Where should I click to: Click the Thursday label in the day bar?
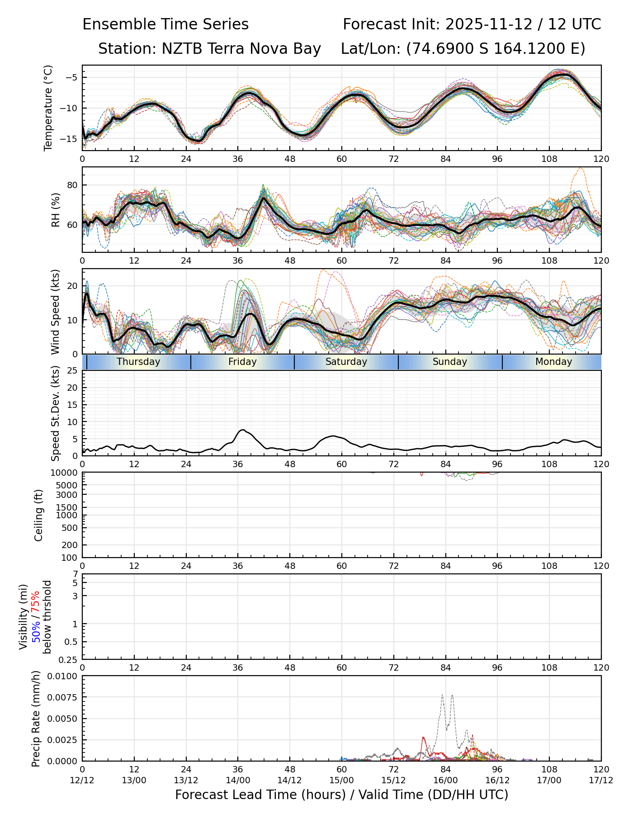click(x=138, y=362)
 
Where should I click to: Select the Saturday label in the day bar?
click(x=346, y=362)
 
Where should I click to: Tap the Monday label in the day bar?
click(x=553, y=362)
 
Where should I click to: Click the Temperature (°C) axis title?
click(x=48, y=108)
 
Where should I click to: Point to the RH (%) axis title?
click(x=56, y=210)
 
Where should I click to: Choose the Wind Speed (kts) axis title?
click(x=56, y=312)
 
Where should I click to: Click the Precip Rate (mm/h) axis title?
click(x=36, y=719)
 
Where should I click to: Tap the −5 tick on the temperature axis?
click(x=71, y=77)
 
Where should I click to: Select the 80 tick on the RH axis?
click(x=72, y=185)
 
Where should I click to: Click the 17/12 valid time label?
click(x=601, y=781)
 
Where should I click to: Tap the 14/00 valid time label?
click(x=238, y=781)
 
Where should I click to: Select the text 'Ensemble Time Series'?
click(x=165, y=24)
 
